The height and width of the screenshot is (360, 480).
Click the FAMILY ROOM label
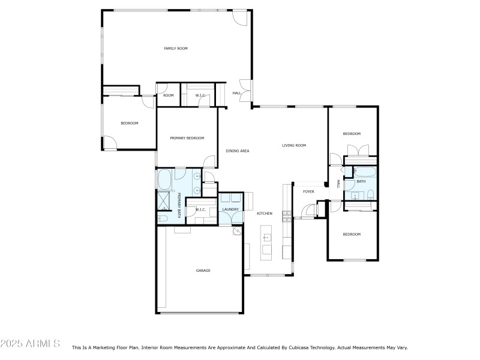coord(176,48)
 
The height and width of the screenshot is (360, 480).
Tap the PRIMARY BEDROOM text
coord(187,138)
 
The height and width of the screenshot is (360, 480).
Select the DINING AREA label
coord(237,151)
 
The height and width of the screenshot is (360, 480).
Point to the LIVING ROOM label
coord(294,145)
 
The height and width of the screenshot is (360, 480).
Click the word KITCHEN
coord(265,213)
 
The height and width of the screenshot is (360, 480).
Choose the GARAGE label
coord(203,271)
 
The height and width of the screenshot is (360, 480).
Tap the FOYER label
coord(308,191)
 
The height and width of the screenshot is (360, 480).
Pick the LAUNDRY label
coord(230,209)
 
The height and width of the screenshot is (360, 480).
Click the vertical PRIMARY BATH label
coord(179,201)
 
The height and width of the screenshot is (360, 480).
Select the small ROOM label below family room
coord(168,95)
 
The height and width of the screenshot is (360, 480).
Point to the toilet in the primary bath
coord(162,217)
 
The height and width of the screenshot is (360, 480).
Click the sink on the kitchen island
coord(266,238)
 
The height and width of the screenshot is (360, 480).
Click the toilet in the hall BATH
coord(370,194)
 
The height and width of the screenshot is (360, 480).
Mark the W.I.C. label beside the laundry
coord(200,209)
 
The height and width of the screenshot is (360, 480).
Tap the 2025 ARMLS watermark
coord(31,344)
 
